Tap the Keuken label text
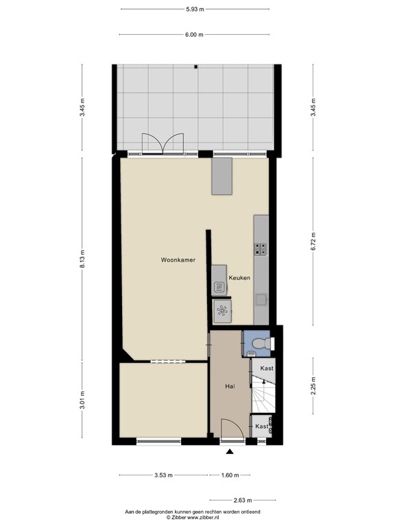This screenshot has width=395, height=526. pyautogui.click(x=239, y=277)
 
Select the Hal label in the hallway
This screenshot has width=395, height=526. pyautogui.click(x=230, y=386)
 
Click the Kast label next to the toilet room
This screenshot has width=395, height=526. pyautogui.click(x=267, y=368)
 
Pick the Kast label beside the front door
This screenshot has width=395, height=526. pyautogui.click(x=261, y=426)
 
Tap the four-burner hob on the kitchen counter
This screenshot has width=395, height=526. pyautogui.click(x=261, y=249)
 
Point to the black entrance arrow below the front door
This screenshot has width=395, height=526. pyautogui.click(x=229, y=451)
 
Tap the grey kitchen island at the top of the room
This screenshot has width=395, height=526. pyautogui.click(x=222, y=176)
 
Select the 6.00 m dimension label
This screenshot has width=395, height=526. pyautogui.click(x=195, y=34)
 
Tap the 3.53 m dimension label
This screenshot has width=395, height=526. pyautogui.click(x=163, y=475)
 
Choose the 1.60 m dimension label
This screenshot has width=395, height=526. pyautogui.click(x=229, y=475)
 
